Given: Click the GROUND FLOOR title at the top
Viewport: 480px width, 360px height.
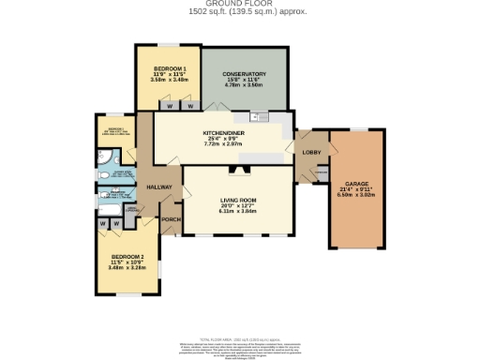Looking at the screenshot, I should click(x=239, y=4).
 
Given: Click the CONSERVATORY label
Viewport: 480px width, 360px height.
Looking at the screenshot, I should click(x=243, y=74).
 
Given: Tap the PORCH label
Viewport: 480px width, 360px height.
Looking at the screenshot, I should click(x=171, y=220).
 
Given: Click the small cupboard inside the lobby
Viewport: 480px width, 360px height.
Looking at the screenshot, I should click(x=321, y=172).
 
